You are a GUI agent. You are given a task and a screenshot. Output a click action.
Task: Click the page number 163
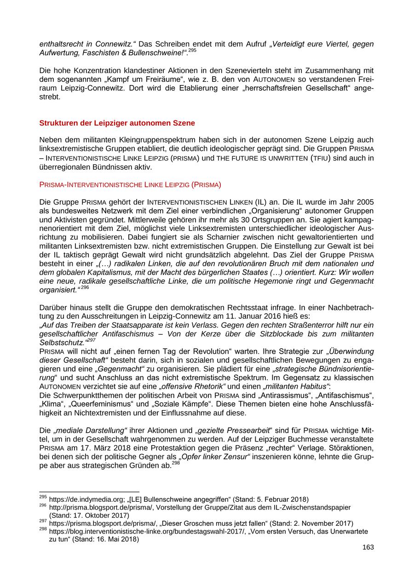[x=368, y=547]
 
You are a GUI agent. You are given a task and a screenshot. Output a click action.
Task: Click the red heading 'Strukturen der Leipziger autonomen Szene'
[x=117, y=123]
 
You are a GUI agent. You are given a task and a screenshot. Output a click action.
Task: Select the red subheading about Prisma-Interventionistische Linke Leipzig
[x=130, y=185]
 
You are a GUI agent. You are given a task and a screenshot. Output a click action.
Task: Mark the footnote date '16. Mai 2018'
[x=113, y=539]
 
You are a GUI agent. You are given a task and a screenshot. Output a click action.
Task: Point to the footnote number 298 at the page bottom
[x=43, y=530]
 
